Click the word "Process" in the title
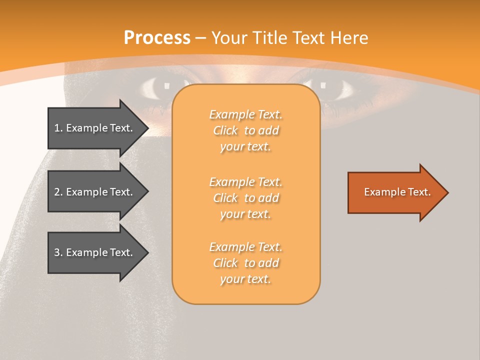(157, 38)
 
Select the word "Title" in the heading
(269, 38)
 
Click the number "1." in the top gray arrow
(58, 128)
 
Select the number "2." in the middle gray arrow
(58, 192)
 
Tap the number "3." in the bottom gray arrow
(58, 252)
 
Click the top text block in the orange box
(245, 130)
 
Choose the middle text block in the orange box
(245, 198)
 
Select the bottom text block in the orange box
(245, 263)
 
